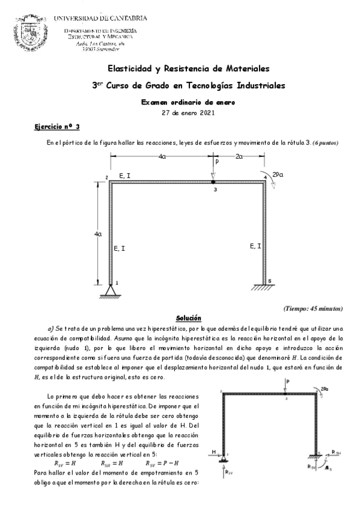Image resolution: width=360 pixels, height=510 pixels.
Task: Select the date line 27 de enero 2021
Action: (180, 112)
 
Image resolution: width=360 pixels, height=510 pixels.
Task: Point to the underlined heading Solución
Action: (188, 318)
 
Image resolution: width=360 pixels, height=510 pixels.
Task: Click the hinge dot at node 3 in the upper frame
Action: (213, 180)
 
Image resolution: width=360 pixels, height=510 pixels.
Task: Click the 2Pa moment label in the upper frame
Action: (278, 174)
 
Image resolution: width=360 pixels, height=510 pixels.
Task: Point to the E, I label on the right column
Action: (255, 246)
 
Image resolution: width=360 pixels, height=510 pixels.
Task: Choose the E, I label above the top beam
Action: (126, 175)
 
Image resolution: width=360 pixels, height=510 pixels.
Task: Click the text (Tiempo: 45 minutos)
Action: (313, 309)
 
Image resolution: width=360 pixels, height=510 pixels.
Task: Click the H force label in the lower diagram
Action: (213, 452)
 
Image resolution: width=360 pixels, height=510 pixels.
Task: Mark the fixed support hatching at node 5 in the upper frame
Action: (266, 287)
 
